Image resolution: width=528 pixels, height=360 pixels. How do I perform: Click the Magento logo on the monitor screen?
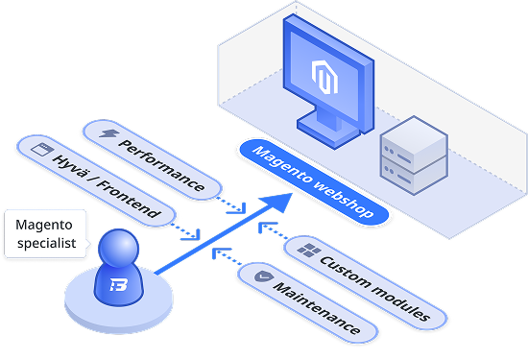point(324,77)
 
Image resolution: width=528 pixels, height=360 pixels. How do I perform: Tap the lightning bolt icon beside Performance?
point(109,133)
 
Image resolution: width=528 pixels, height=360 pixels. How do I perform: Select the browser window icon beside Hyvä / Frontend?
point(42,149)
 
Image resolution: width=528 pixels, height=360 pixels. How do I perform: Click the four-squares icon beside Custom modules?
point(309,251)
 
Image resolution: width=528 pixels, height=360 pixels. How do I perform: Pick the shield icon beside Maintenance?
point(264,276)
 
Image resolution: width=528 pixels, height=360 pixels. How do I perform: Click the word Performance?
point(161,165)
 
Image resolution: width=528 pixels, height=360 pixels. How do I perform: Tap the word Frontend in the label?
point(129,199)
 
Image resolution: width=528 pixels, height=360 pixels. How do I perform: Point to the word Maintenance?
point(317,307)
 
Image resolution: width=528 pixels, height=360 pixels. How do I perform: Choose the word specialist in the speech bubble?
point(47,243)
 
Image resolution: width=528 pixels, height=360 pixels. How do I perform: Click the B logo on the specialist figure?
point(118,285)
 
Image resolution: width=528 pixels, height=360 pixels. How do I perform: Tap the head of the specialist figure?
point(118,248)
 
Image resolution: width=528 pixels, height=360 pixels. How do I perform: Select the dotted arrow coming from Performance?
point(231,205)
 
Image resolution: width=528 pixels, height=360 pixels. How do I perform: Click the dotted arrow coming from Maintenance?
point(228,256)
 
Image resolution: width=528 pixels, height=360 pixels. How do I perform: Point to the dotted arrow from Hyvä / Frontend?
point(185,231)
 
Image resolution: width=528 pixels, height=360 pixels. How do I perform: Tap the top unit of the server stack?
point(414,144)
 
